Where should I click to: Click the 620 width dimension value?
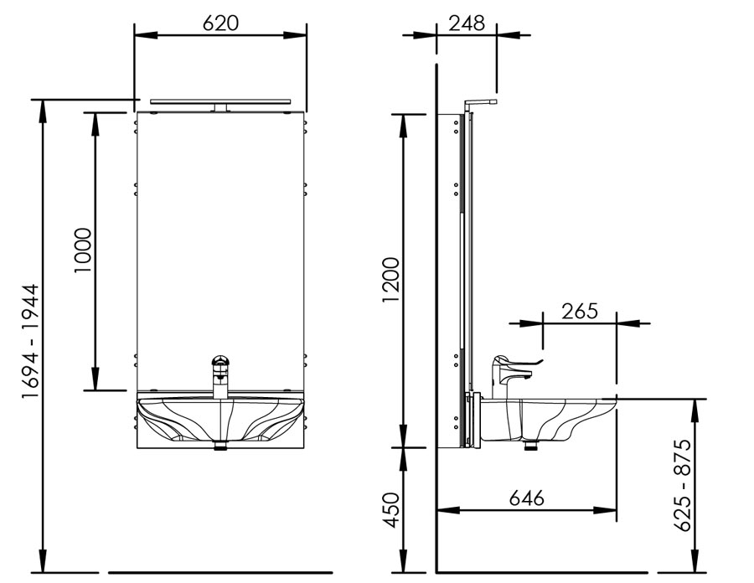click(220, 23)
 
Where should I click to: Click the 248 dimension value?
click(467, 23)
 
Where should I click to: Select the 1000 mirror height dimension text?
click(83, 250)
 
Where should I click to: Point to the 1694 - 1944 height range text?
click(31, 341)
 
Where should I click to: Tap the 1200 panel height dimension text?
click(391, 281)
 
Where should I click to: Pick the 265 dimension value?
click(580, 311)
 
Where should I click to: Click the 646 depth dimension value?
click(527, 498)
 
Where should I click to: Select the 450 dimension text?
click(391, 510)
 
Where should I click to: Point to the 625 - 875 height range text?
click(682, 486)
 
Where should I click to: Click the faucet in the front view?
click(220, 376)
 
